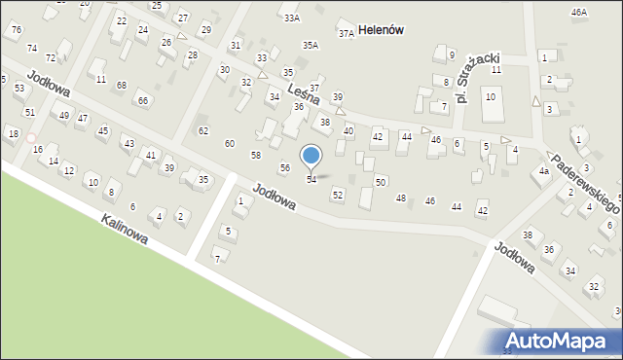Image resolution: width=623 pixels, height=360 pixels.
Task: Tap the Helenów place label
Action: tap(381, 30)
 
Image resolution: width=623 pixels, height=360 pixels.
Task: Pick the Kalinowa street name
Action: tap(124, 230)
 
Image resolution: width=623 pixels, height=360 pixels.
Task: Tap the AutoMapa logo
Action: tap(562, 341)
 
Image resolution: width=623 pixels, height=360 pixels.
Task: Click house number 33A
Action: tap(290, 18)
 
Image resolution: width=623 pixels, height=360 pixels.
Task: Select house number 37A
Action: tap(346, 33)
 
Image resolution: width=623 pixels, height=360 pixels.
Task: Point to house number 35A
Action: tap(311, 45)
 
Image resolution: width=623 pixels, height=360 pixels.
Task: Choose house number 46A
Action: tap(579, 12)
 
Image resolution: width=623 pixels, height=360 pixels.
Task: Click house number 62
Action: tap(202, 130)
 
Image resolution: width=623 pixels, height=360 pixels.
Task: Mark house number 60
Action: tap(229, 144)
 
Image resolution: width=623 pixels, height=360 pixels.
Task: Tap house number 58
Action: tap(255, 156)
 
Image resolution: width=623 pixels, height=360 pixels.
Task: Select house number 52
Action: tap(337, 196)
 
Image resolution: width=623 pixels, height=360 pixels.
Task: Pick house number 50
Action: tap(381, 183)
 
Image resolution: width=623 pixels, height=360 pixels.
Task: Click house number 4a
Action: tap(544, 171)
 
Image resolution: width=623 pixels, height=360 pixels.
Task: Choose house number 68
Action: tap(121, 86)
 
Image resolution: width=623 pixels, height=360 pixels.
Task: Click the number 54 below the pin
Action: tap(311, 180)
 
